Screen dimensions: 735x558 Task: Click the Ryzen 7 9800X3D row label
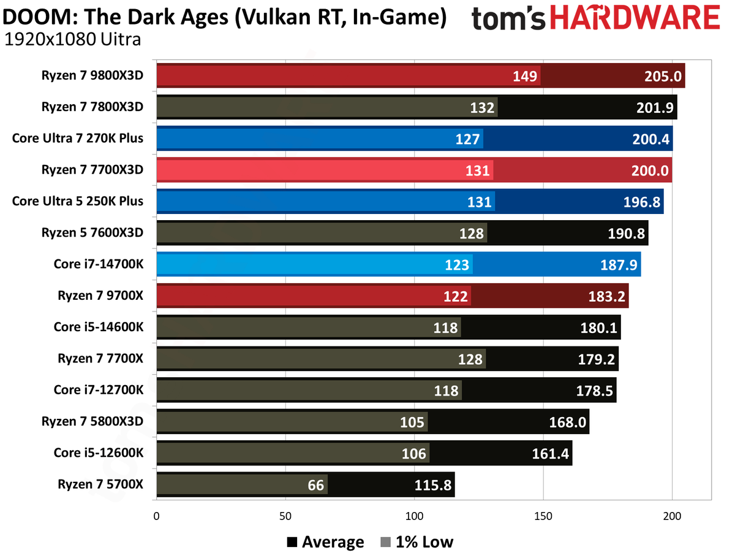(92, 75)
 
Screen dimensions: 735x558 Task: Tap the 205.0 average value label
(663, 77)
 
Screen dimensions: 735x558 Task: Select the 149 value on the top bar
(525, 77)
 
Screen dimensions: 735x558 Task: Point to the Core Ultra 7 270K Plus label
(77, 138)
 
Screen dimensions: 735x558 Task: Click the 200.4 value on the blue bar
(650, 139)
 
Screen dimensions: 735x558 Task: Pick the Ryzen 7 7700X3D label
(92, 170)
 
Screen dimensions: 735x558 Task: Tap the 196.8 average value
(641, 202)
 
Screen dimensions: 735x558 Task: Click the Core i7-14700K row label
(98, 264)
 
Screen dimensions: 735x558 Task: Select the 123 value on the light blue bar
(457, 265)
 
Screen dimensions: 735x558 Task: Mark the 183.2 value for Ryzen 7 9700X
(606, 297)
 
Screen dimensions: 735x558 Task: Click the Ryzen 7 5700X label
(100, 484)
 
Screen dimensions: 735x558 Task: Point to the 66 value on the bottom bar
(315, 485)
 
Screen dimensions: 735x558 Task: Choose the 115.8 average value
(433, 485)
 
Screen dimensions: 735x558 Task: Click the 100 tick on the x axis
(414, 516)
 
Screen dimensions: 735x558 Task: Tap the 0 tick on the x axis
(156, 516)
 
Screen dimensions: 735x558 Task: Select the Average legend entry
(325, 542)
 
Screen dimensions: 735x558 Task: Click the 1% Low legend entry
(417, 542)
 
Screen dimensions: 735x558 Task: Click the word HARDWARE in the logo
(635, 17)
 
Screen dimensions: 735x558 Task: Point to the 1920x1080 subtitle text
(49, 39)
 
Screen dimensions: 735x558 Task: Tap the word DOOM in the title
(40, 17)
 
